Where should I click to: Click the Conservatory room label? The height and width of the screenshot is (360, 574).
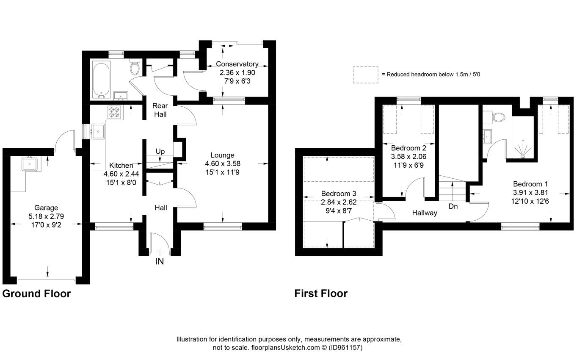[x=237, y=64]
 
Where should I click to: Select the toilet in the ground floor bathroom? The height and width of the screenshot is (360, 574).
[x=135, y=66]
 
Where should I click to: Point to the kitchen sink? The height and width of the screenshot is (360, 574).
[x=98, y=131]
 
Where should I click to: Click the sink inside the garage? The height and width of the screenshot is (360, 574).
[x=30, y=163]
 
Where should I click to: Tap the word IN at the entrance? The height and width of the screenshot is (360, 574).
[x=159, y=261]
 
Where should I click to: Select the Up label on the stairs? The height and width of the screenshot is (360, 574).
[x=160, y=151]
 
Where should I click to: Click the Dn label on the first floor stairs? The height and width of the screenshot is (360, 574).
[x=453, y=207]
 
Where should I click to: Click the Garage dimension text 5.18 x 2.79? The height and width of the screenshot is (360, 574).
[x=47, y=216]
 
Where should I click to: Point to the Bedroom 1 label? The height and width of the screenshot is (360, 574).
[x=530, y=184]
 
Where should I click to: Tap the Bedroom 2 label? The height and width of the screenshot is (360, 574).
[x=408, y=148]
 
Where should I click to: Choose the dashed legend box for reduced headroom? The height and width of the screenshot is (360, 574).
[x=366, y=74]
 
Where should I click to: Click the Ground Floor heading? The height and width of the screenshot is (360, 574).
[x=36, y=294]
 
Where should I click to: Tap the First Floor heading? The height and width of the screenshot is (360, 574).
[x=321, y=294]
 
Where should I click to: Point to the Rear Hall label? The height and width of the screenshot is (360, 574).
[x=160, y=110]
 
